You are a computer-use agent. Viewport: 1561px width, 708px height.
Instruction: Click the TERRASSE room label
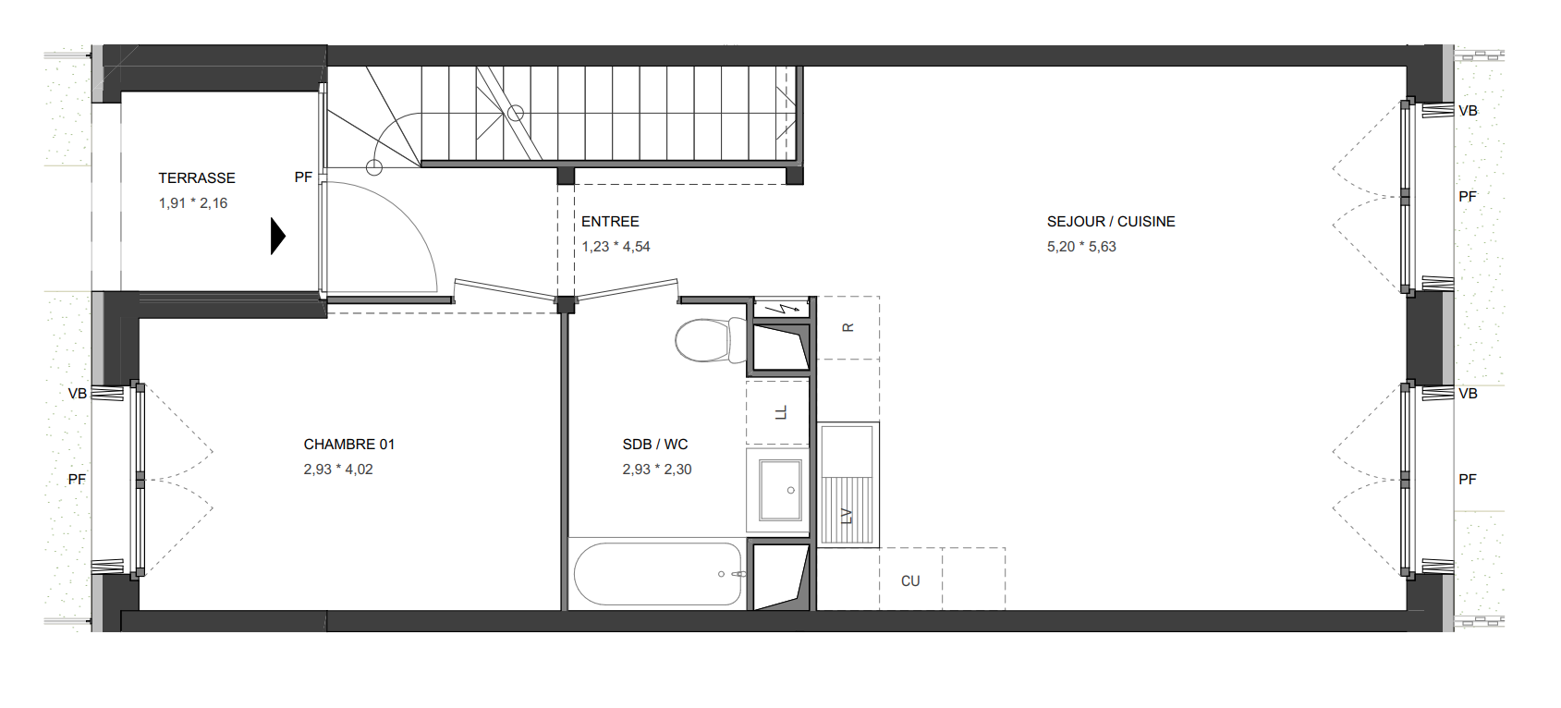point(197,178)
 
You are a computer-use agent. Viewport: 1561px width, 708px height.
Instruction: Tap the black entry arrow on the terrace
point(278,237)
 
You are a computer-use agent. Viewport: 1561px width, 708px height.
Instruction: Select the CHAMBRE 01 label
point(349,445)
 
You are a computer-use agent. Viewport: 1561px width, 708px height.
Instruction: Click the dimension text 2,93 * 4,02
point(338,470)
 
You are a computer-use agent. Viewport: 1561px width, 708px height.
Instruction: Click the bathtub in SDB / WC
point(657,574)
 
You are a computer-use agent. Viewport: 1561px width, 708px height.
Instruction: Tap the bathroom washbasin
point(780,490)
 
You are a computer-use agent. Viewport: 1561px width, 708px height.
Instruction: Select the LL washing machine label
point(780,412)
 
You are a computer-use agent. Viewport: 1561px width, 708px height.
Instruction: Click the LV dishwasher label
point(847,516)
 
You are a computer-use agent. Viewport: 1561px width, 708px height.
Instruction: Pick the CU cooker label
point(910,581)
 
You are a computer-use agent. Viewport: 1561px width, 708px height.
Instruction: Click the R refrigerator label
point(848,327)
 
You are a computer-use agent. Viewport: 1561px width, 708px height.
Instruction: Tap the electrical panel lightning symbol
point(781,308)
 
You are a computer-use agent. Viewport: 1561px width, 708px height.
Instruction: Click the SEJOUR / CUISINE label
point(1111,222)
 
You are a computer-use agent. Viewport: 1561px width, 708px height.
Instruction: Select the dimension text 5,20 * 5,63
point(1081,247)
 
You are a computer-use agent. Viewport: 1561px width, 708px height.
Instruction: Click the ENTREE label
point(610,222)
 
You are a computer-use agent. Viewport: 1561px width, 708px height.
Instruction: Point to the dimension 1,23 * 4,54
point(616,247)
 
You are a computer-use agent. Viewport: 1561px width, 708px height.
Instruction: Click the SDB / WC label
point(655,445)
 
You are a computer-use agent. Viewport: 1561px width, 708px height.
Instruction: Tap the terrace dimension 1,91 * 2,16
point(193,203)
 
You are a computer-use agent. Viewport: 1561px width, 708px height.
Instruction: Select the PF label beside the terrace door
point(303,177)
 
